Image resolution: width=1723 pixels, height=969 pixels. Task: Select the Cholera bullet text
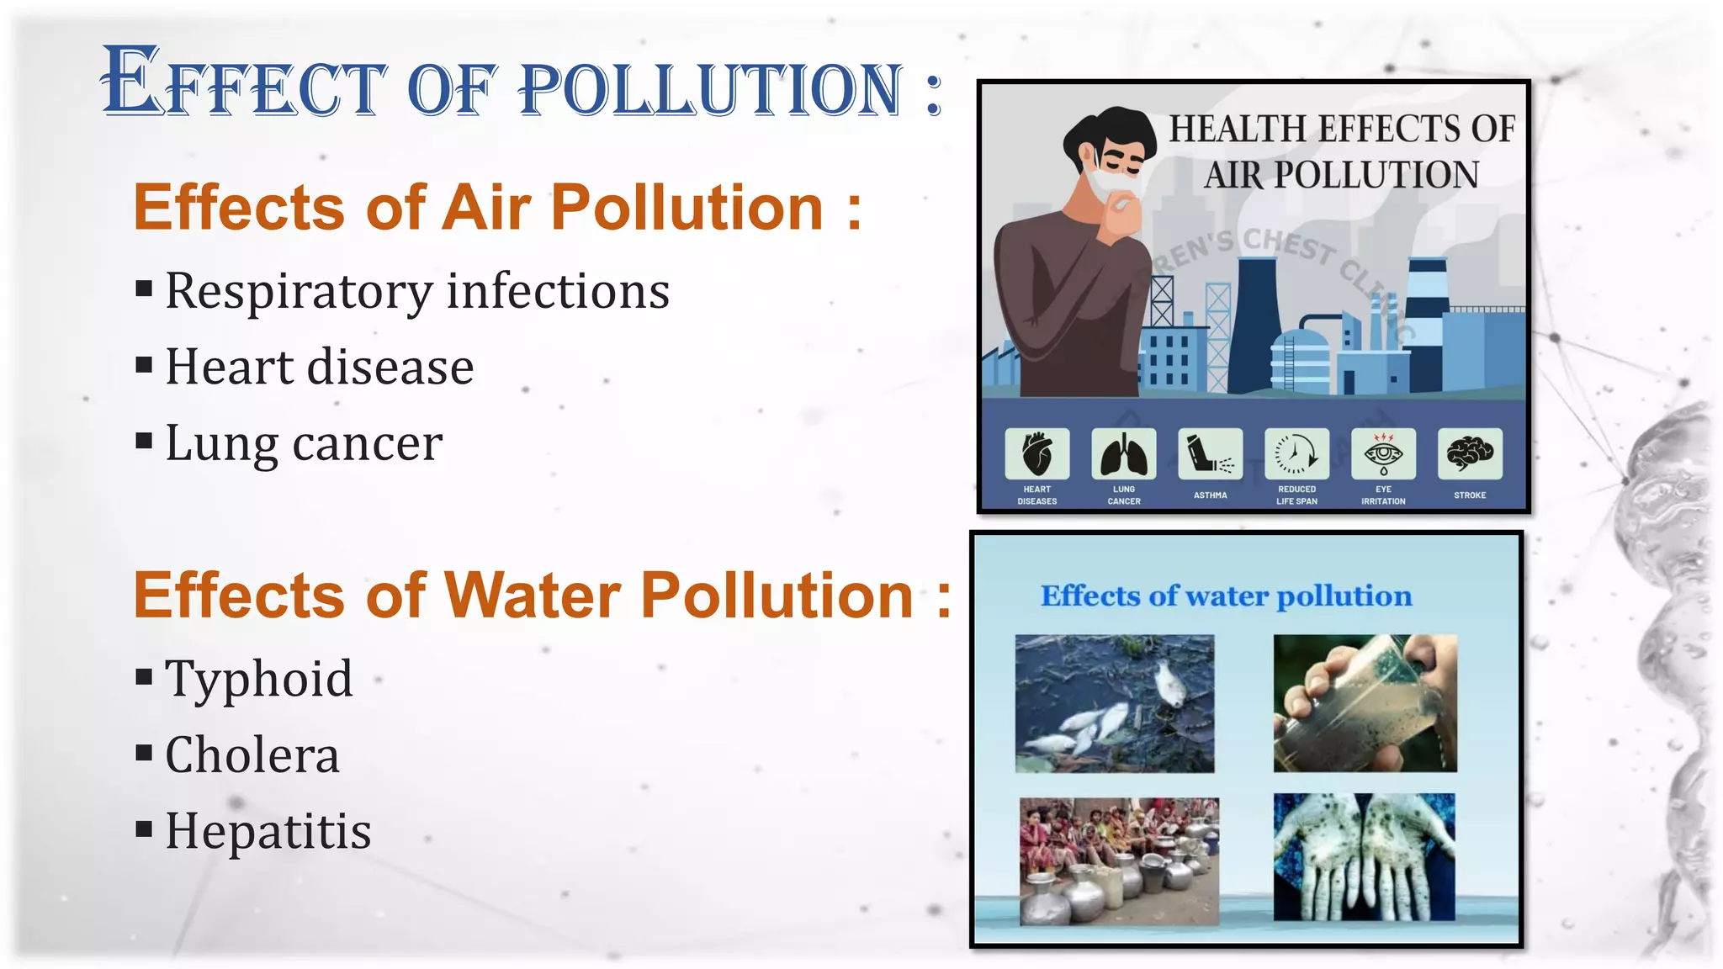click(x=252, y=755)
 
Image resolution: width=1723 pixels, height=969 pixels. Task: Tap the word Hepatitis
click(x=268, y=831)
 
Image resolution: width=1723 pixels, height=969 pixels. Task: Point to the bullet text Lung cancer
click(x=304, y=443)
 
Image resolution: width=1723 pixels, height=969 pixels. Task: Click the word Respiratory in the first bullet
click(x=299, y=291)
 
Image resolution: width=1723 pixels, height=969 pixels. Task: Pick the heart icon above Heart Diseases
click(x=1036, y=453)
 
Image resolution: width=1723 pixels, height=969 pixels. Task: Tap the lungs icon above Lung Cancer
click(x=1123, y=453)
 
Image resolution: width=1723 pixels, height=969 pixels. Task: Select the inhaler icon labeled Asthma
click(x=1210, y=453)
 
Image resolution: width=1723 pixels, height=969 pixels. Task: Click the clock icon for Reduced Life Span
click(x=1296, y=453)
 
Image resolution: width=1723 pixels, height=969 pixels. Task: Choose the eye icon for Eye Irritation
click(x=1383, y=453)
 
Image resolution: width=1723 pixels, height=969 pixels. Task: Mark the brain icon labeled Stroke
click(x=1470, y=453)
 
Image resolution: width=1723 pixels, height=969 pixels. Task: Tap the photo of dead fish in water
click(x=1114, y=703)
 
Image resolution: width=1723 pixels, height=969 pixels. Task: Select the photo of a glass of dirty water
click(x=1365, y=703)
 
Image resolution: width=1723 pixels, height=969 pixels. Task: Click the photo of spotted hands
click(x=1364, y=857)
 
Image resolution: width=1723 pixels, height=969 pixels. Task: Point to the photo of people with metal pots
click(x=1119, y=861)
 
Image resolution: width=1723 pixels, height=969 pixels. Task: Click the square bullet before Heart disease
click(x=144, y=366)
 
